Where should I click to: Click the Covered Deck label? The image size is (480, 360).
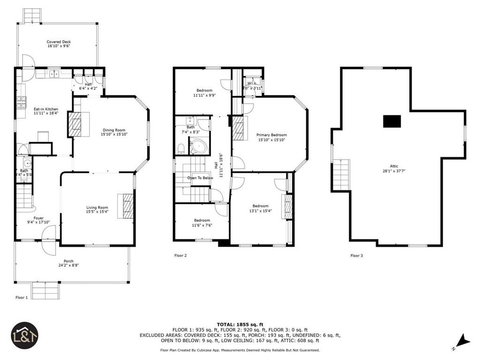pos(59,42)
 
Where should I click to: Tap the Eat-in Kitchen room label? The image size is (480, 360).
pos(45,109)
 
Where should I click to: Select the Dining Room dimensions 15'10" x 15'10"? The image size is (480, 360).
pos(114,135)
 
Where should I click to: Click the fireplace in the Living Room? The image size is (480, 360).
pos(128,205)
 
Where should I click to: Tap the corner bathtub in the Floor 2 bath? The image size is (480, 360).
pos(199,147)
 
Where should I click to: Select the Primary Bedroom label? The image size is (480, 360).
pos(271,135)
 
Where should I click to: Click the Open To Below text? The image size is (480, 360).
pos(200,178)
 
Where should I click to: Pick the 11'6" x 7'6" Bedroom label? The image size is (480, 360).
pos(202,220)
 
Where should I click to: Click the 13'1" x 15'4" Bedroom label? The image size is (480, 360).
pos(260,206)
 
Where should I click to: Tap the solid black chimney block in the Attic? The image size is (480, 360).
pos(392,121)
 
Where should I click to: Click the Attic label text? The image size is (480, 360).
pos(394,166)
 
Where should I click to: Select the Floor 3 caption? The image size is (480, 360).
pos(356,255)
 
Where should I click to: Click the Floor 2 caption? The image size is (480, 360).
pos(180,255)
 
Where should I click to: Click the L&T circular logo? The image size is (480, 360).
pos(24,336)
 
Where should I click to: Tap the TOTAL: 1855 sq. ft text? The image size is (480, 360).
pos(240,324)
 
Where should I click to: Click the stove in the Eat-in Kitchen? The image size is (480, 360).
pos(21,102)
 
